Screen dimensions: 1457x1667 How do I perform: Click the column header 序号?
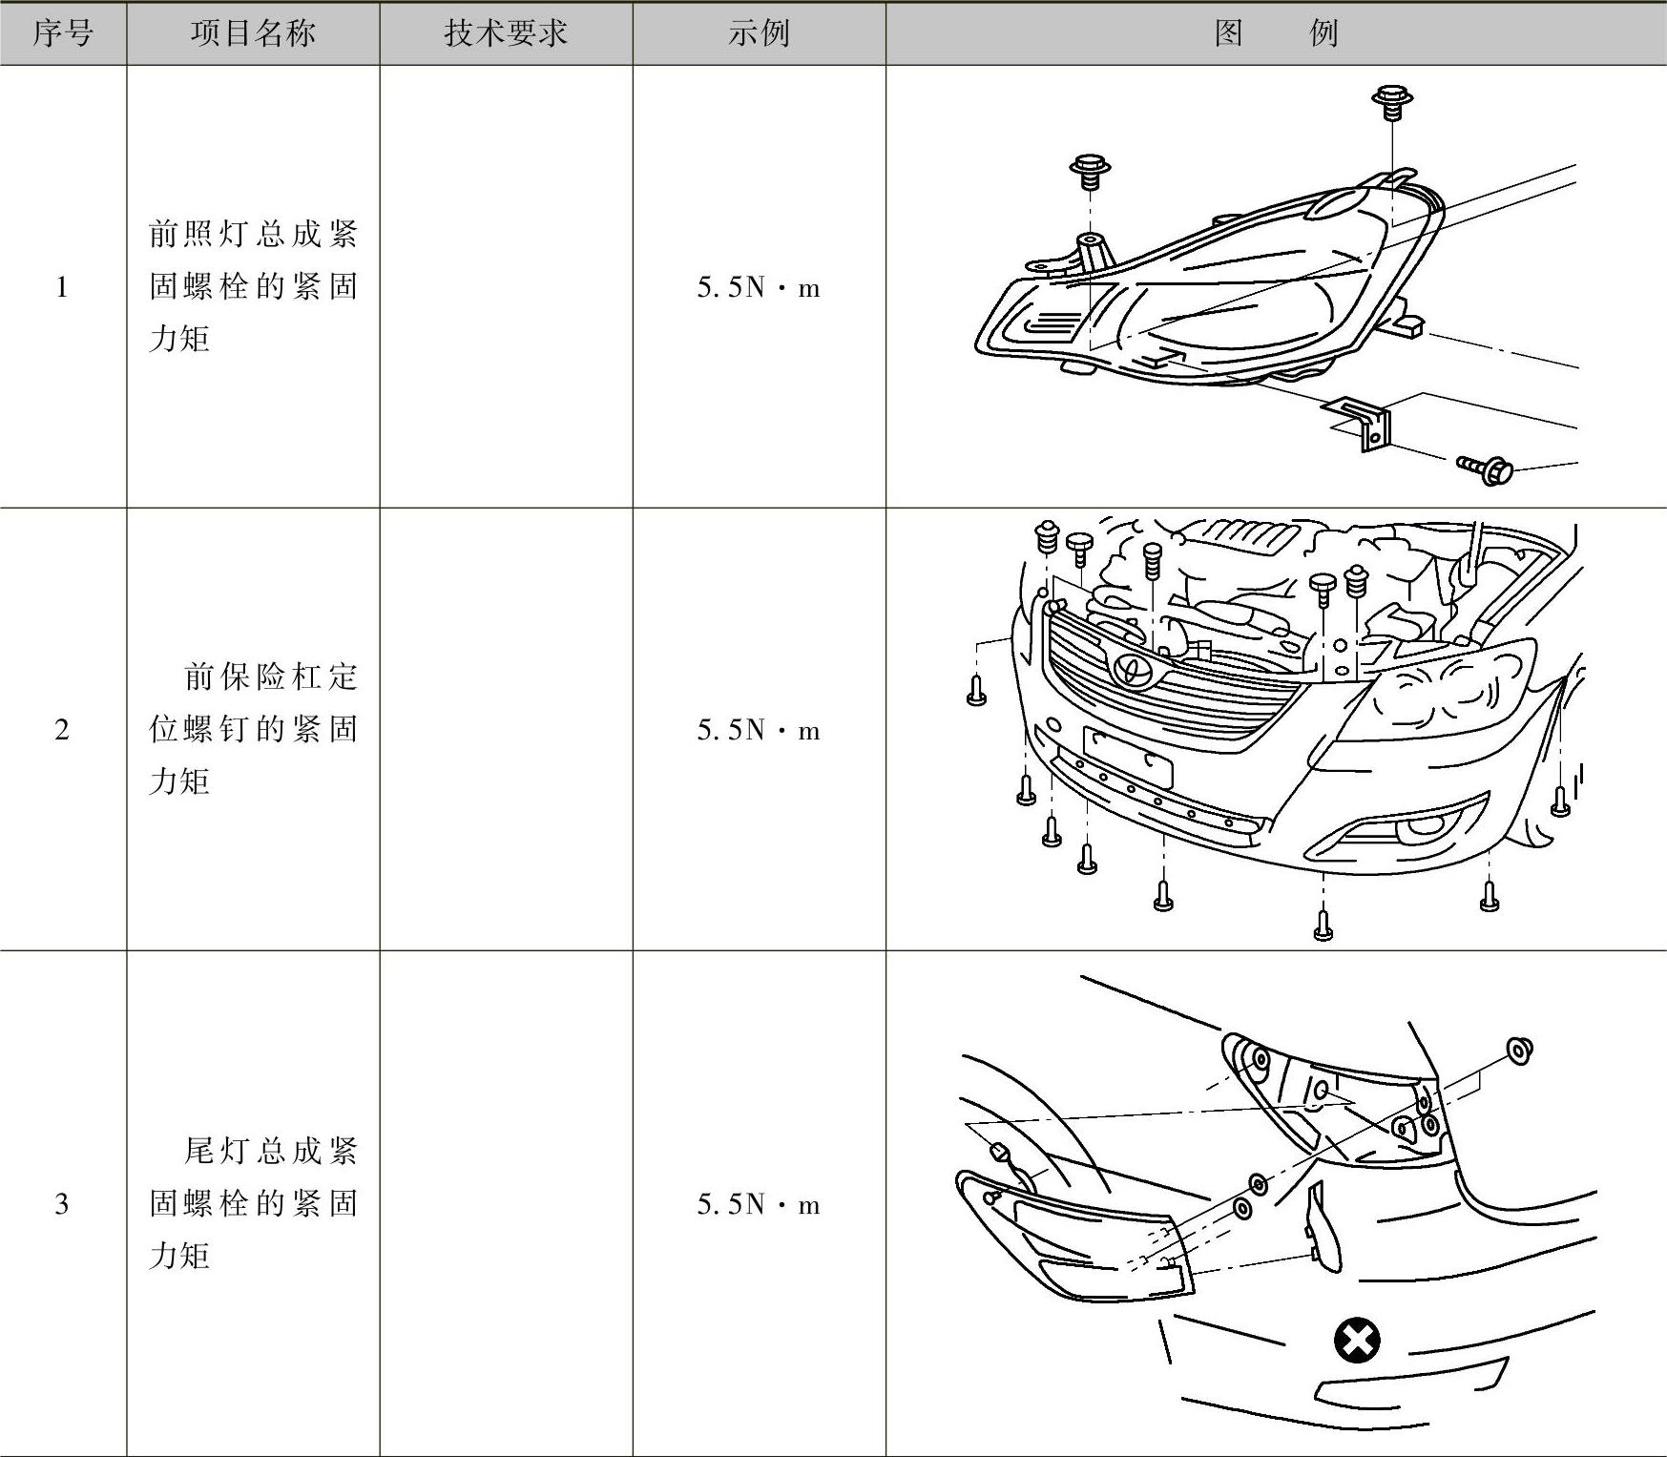point(63,34)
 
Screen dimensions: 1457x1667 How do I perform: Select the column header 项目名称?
point(253,34)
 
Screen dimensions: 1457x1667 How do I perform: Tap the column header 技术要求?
point(506,34)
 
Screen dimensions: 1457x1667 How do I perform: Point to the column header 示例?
point(759,34)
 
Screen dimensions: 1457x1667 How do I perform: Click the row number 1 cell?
point(63,287)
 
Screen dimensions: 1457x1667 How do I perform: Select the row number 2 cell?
point(63,730)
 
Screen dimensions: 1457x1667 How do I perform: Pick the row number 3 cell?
point(63,1204)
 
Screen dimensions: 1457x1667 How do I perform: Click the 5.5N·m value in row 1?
point(759,287)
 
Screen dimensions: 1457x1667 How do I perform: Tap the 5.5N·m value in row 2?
point(759,730)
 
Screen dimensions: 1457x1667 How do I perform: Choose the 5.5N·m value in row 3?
point(759,1204)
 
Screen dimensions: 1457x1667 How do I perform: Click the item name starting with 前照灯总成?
point(253,286)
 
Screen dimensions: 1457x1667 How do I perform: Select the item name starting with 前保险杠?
point(253,729)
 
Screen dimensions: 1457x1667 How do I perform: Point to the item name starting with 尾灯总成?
point(253,1203)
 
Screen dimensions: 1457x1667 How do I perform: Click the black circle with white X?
point(1357,1341)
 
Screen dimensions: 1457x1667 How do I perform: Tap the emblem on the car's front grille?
point(1133,670)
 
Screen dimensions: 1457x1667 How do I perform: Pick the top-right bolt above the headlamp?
point(1392,101)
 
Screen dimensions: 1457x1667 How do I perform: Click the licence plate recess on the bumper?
point(1128,756)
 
